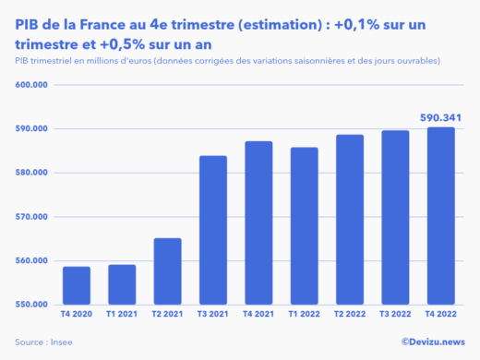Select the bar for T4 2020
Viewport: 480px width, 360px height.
click(x=77, y=286)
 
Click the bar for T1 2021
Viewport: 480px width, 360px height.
click(x=123, y=285)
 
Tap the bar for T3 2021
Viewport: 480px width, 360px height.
click(x=214, y=231)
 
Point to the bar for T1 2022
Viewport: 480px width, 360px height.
click(x=305, y=226)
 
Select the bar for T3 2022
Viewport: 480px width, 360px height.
click(x=395, y=218)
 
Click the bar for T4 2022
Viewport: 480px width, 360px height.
click(x=441, y=216)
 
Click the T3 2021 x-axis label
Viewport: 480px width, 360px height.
click(x=214, y=316)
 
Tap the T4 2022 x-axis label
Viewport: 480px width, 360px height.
click(x=441, y=316)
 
